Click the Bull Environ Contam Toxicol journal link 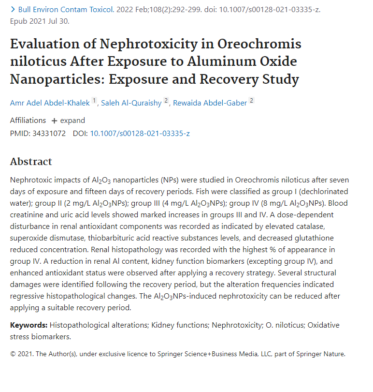click(68, 9)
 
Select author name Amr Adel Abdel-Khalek click(50, 103)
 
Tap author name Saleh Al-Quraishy click(131, 103)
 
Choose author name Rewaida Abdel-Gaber click(210, 103)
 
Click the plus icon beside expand click(54, 121)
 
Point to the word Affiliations click(28, 121)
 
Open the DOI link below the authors click(140, 133)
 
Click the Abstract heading click(31, 162)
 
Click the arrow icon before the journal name click(13, 9)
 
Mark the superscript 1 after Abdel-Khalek click(94, 101)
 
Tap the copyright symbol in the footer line click(13, 354)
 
